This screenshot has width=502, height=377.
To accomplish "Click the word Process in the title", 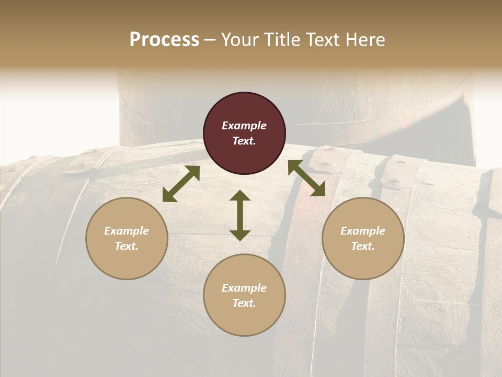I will click(x=164, y=40).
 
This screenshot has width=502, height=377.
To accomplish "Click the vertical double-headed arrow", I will click(x=240, y=215).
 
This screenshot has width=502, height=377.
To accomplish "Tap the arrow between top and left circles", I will click(x=181, y=184).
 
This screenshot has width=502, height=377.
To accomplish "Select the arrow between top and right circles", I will click(x=306, y=178).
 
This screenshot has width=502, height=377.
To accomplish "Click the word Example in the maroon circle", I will click(x=244, y=126).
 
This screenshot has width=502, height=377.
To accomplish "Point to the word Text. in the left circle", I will click(x=127, y=246).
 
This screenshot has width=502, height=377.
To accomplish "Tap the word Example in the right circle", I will click(x=363, y=231).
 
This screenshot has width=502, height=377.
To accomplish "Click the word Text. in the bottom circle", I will click(x=244, y=303).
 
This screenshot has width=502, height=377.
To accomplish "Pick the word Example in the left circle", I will click(x=127, y=231).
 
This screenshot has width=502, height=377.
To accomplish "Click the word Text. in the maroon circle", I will click(x=244, y=141).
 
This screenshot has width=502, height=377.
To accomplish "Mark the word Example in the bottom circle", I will click(x=244, y=288).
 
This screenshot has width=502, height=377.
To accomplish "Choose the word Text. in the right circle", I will click(x=363, y=246).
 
